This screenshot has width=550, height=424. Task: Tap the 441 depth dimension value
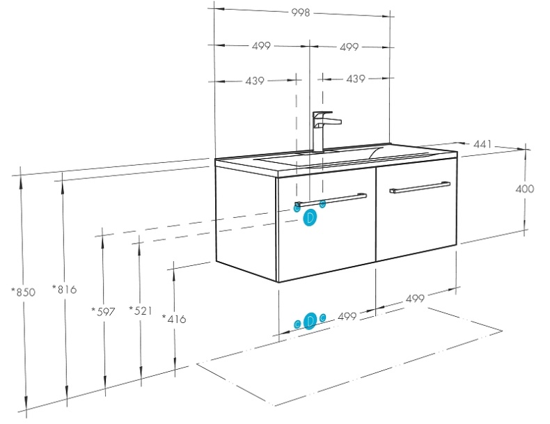(x=482, y=144)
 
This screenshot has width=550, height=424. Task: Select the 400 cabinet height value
(x=525, y=189)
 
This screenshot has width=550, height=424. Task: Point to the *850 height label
(x=23, y=292)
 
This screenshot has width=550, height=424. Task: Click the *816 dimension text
(x=64, y=289)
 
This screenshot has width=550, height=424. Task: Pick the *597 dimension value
(x=103, y=311)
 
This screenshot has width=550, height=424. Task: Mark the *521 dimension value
(x=140, y=311)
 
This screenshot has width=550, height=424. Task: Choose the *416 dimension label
(x=174, y=319)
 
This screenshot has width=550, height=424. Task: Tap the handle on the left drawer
(x=331, y=199)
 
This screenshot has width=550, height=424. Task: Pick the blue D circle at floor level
(x=311, y=320)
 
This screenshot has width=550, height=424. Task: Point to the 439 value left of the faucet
(x=255, y=81)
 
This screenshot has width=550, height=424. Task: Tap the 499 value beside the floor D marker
(x=347, y=316)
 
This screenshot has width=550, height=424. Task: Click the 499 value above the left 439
(x=261, y=47)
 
